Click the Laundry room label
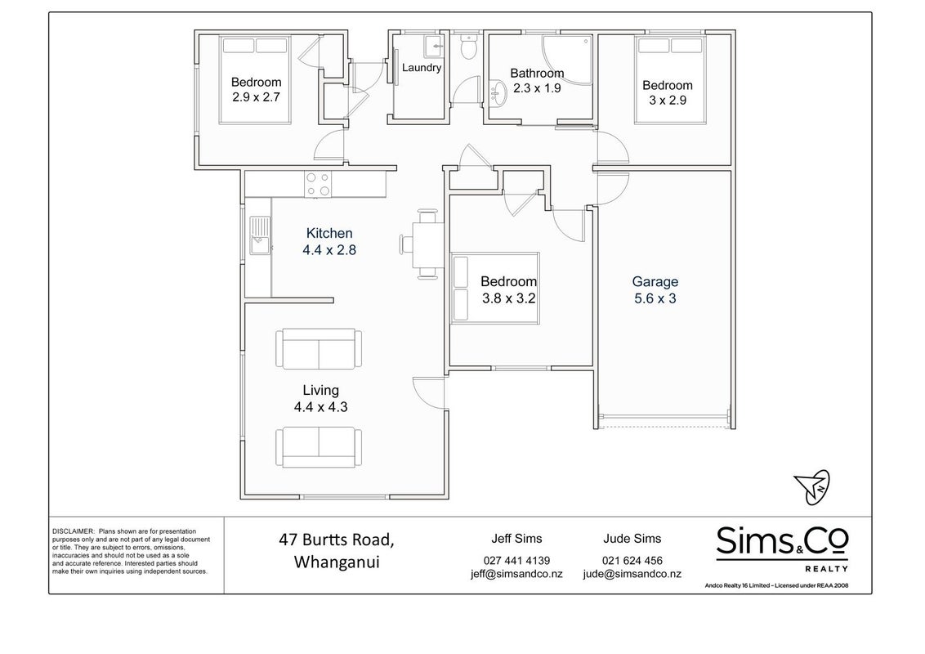pyautogui.click(x=421, y=68)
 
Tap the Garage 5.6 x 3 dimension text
pyautogui.click(x=655, y=298)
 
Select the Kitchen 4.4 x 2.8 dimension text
pyautogui.click(x=329, y=250)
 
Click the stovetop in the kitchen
pyautogui.click(x=317, y=184)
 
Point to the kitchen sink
pyautogui.click(x=260, y=235)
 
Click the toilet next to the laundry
pyautogui.click(x=469, y=47)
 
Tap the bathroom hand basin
pyautogui.click(x=498, y=95)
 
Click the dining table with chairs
pyautogui.click(x=422, y=244)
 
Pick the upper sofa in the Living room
pyautogui.click(x=319, y=349)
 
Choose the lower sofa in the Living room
pyautogui.click(x=319, y=447)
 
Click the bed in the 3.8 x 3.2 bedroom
pyautogui.click(x=495, y=289)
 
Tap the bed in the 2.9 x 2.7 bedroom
pyautogui.click(x=255, y=80)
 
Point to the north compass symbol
pyautogui.click(x=811, y=487)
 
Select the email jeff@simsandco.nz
pyautogui.click(x=516, y=574)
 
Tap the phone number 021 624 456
pyautogui.click(x=632, y=561)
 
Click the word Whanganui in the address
pyautogui.click(x=337, y=562)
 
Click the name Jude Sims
pyautogui.click(x=632, y=538)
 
